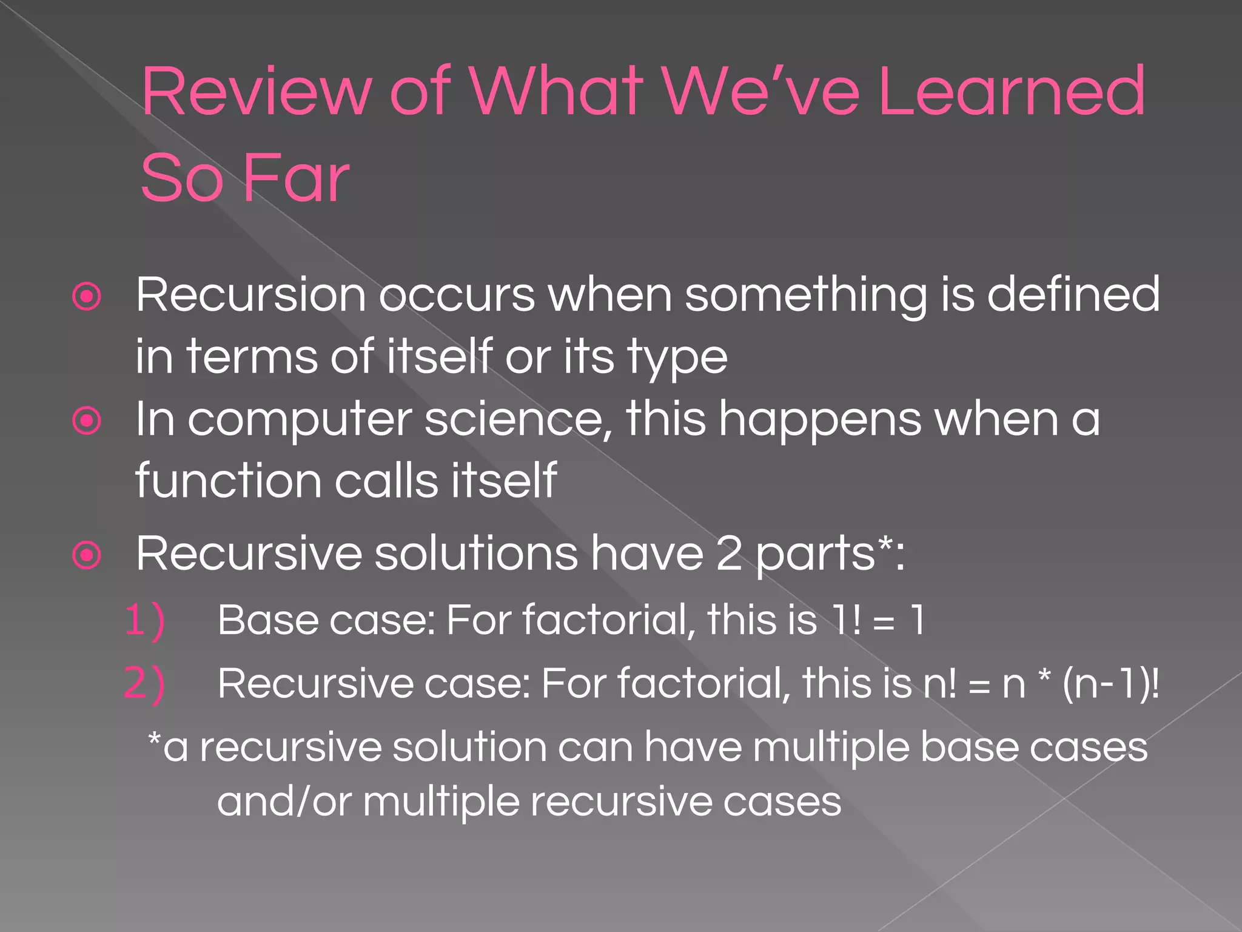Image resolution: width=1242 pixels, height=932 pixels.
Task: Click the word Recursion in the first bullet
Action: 250,295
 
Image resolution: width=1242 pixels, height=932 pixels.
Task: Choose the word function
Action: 228,481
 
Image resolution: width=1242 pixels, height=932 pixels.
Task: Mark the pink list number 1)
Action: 144,620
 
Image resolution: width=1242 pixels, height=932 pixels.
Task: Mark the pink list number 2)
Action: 144,683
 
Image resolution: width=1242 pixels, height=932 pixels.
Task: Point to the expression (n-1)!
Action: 1110,684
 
